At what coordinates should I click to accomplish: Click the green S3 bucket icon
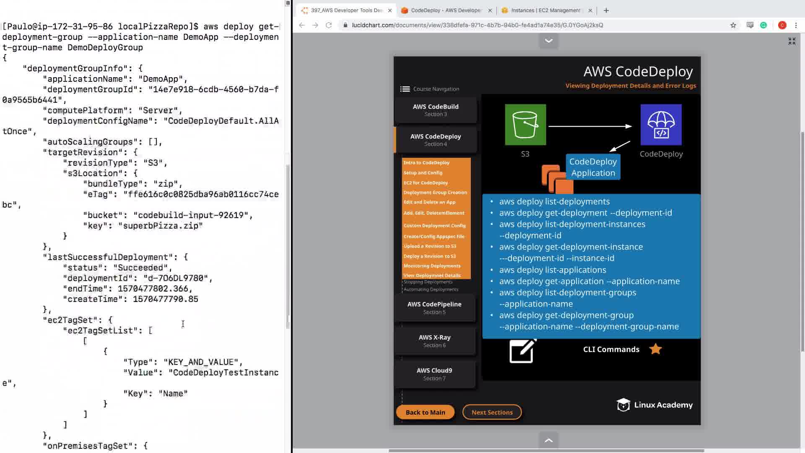[x=525, y=125]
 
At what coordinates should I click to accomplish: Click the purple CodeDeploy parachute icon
[x=661, y=125]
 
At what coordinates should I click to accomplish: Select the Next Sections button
[x=492, y=412]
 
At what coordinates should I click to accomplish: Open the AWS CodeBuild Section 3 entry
[x=435, y=110]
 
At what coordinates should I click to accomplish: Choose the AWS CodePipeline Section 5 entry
[x=434, y=308]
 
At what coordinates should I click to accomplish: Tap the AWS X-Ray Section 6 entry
[x=434, y=341]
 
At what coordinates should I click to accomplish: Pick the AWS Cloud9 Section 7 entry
[x=434, y=374]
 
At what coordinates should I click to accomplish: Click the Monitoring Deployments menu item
[x=432, y=266]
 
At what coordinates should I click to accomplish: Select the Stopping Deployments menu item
[x=428, y=282]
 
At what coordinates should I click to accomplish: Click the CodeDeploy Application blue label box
[x=593, y=167]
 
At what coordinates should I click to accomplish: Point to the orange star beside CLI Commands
[x=655, y=349]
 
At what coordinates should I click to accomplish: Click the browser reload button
[x=329, y=25]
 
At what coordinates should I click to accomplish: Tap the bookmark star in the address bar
[x=733, y=25]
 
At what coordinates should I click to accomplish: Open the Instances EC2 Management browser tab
[x=545, y=10]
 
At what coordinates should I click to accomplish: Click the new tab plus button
[x=606, y=10]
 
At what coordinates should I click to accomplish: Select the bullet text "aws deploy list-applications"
[x=552, y=270]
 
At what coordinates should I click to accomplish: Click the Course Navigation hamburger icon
[x=405, y=89]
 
